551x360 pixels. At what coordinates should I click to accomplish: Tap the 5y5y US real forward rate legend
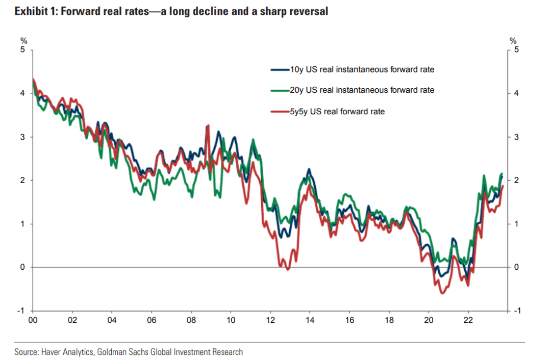pos(337,111)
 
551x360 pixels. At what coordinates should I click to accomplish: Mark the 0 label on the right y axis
pos(516,267)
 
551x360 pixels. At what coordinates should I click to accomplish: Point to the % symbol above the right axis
pos(513,41)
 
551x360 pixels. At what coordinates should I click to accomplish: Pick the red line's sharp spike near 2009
pos(208,125)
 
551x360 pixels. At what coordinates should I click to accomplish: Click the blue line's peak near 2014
pos(309,169)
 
